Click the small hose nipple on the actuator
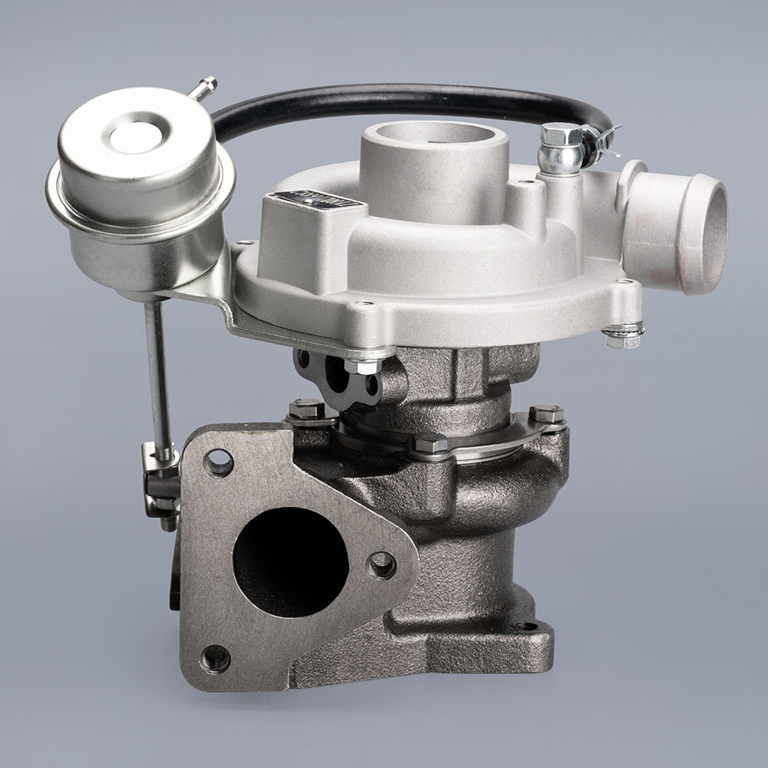[204, 88]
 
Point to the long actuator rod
[159, 376]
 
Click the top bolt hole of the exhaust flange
[219, 462]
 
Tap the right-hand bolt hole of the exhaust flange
[382, 565]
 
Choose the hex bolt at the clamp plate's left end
[306, 409]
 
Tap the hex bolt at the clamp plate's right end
[547, 415]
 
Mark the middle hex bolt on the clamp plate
[430, 443]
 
